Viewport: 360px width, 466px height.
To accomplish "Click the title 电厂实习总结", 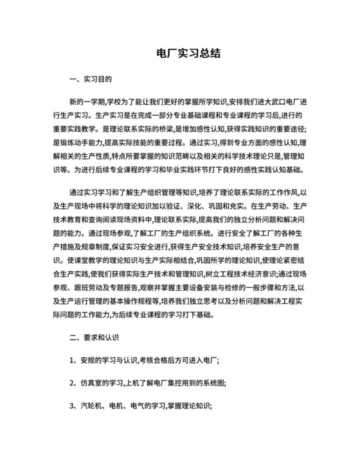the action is (x=180, y=55).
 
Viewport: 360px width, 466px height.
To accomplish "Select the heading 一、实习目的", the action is (x=91, y=80).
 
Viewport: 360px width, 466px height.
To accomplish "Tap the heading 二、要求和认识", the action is (x=94, y=336).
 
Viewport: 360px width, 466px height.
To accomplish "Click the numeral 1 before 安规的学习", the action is (x=71, y=359).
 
